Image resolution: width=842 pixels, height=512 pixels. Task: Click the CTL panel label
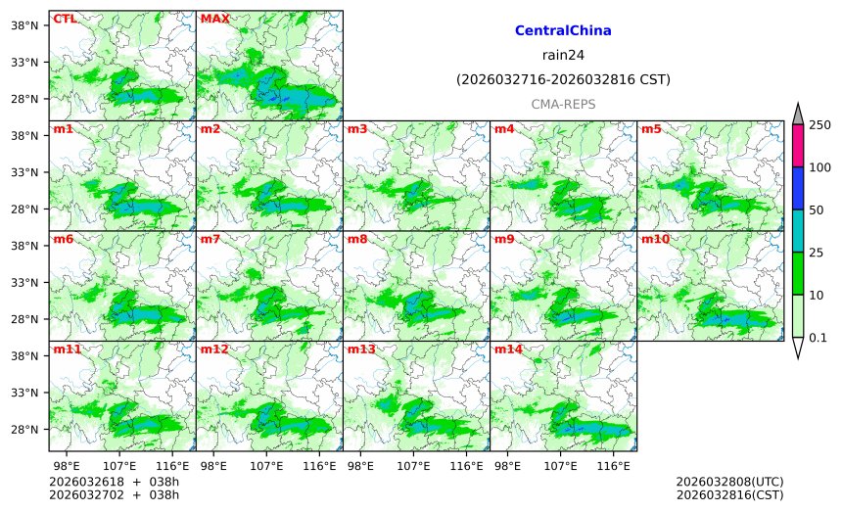[x=65, y=19]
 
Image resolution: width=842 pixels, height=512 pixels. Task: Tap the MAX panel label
[x=213, y=19]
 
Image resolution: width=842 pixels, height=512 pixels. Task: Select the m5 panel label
[x=651, y=129]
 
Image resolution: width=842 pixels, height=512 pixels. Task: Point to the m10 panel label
[x=655, y=239]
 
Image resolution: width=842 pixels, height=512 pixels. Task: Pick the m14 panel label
[x=508, y=349]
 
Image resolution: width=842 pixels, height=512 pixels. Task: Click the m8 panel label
[x=357, y=239]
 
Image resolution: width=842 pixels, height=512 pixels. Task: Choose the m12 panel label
[x=213, y=349]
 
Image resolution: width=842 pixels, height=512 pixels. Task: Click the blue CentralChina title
[x=563, y=31]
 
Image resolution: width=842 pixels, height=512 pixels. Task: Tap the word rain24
[x=563, y=55]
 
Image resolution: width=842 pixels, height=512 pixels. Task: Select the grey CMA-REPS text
[x=563, y=104]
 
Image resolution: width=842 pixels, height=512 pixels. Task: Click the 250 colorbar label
[x=819, y=125]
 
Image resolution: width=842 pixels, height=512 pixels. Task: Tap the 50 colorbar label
[x=817, y=210]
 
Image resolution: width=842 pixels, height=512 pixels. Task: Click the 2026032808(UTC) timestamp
[x=729, y=483]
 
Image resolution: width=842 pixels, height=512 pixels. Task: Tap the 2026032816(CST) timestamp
[x=729, y=495]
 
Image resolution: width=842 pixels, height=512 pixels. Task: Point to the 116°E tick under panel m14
[x=614, y=463]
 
